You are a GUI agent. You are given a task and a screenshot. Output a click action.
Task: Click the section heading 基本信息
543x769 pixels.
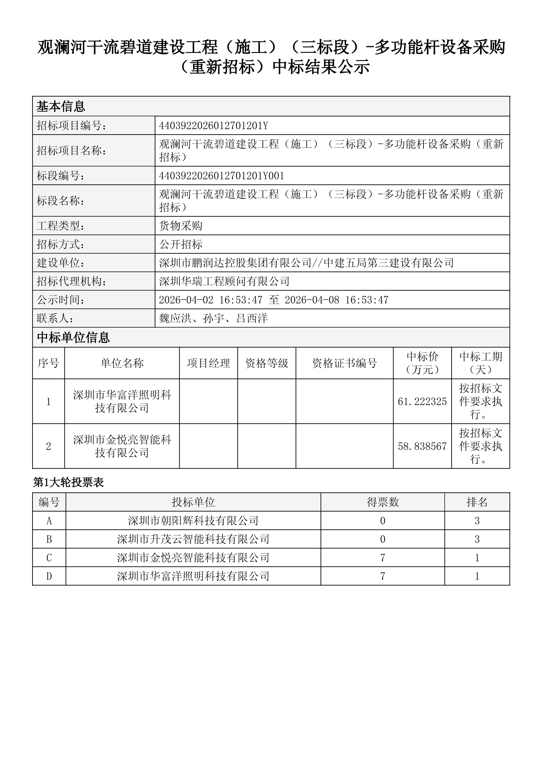tap(61, 107)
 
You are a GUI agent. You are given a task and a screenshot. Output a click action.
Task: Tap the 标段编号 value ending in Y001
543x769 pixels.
tap(221, 176)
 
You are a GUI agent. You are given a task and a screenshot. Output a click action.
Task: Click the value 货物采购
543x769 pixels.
tap(181, 226)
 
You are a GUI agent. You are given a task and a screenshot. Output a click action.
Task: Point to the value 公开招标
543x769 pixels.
tap(181, 244)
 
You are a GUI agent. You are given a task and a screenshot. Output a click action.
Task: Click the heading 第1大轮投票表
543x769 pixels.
tap(69, 482)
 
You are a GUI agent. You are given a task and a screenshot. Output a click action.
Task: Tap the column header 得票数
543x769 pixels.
tap(383, 502)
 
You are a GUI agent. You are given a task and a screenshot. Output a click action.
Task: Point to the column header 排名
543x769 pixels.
tap(477, 502)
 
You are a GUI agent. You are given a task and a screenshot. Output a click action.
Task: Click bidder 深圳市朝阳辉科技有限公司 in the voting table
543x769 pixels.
tap(193, 521)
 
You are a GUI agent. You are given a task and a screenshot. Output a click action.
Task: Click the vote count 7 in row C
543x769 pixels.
tap(383, 558)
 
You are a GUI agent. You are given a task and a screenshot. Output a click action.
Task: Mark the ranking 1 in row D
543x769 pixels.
tap(477, 576)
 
